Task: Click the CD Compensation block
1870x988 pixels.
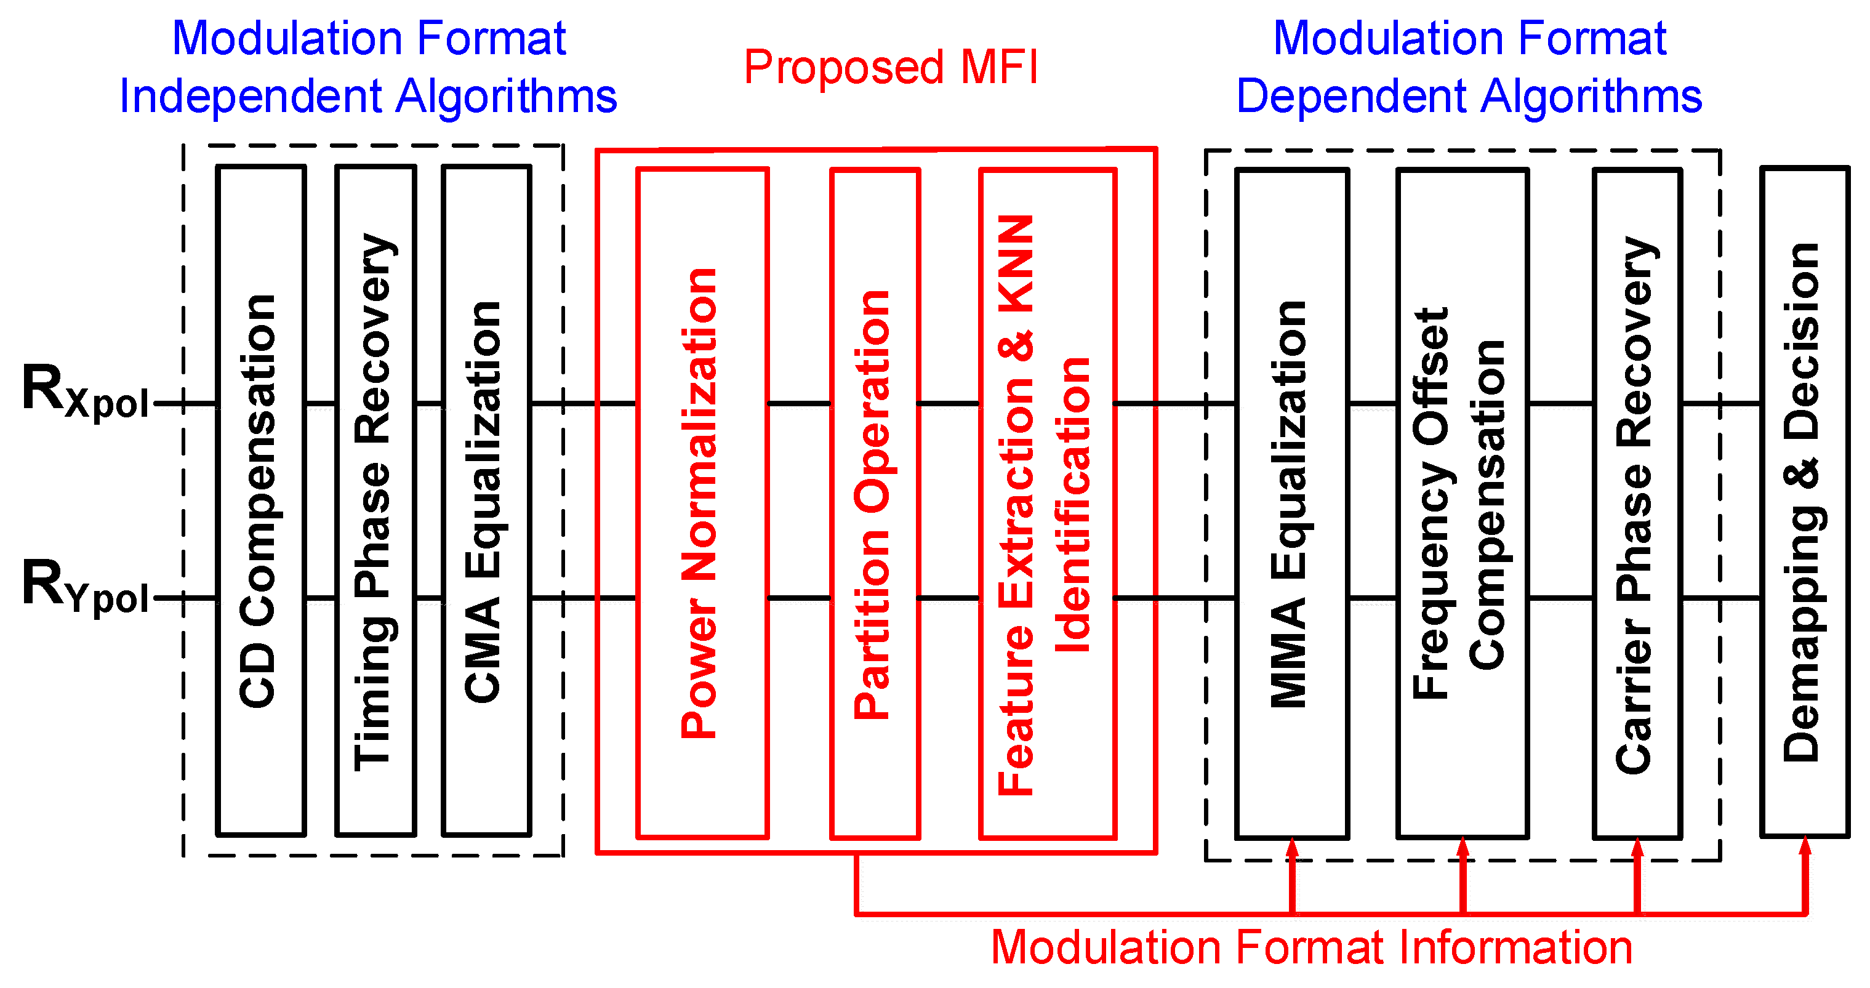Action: click(x=260, y=501)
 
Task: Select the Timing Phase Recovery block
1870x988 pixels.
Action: click(x=375, y=501)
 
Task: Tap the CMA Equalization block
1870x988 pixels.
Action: click(x=486, y=501)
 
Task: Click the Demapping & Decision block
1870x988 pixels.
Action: click(x=1804, y=501)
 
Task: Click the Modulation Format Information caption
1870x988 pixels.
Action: click(x=1312, y=947)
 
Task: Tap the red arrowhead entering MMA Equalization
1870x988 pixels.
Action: click(x=1292, y=849)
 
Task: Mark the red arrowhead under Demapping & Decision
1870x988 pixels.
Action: click(x=1805, y=847)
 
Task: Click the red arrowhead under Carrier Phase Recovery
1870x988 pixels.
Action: click(x=1637, y=849)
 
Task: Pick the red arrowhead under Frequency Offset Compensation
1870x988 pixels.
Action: click(x=1463, y=849)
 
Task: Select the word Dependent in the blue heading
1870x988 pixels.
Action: click(x=1350, y=97)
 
